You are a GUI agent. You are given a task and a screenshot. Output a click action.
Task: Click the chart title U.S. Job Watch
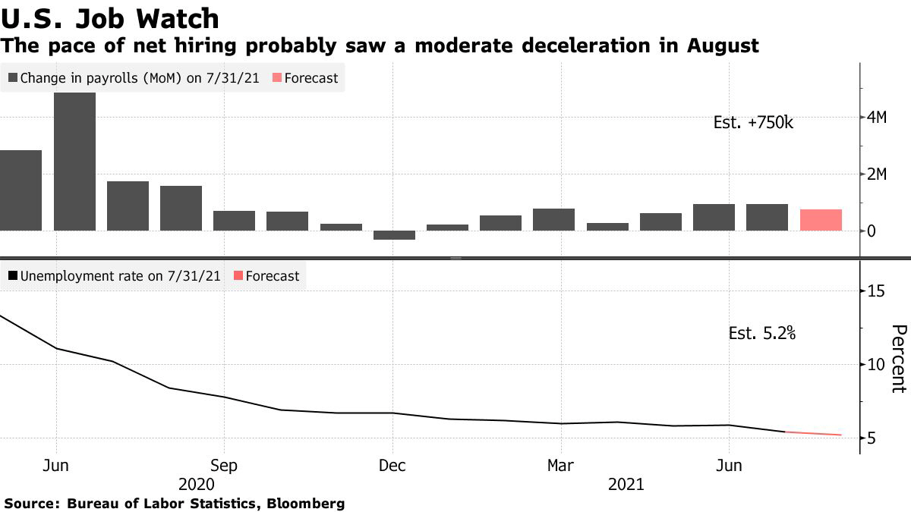[x=110, y=18]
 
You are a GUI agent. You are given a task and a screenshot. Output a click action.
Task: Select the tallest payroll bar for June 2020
[x=74, y=161]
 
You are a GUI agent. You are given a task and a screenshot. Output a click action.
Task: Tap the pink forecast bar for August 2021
[x=821, y=219]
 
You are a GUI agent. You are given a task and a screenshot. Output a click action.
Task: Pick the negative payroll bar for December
[x=394, y=235]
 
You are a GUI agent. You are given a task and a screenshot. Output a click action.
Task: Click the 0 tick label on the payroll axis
[x=872, y=231]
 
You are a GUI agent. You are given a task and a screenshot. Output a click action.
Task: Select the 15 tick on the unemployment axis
[x=877, y=291]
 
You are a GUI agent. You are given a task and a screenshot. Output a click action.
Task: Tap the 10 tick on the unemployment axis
[x=877, y=365]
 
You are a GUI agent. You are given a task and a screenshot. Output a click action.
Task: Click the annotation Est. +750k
[x=753, y=122]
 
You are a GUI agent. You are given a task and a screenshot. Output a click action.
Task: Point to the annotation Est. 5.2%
[x=761, y=332]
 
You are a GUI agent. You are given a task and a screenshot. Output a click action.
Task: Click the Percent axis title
[x=899, y=358]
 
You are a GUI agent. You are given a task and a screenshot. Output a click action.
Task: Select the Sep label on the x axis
[x=224, y=464]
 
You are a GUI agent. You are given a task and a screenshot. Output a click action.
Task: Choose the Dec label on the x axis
[x=392, y=464]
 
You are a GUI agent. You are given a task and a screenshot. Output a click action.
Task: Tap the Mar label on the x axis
[x=561, y=464]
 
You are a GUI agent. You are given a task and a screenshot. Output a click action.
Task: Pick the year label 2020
[x=195, y=484]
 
